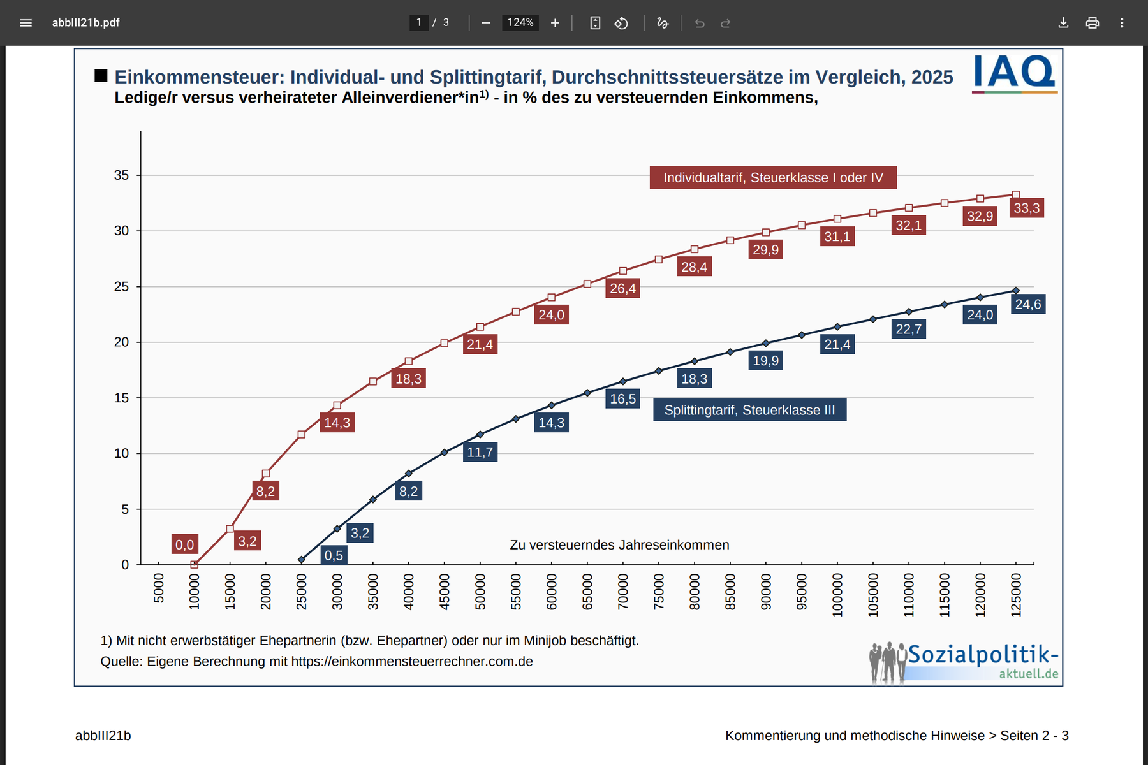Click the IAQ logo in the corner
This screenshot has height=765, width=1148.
[1014, 73]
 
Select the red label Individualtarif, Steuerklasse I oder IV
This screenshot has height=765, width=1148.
[773, 178]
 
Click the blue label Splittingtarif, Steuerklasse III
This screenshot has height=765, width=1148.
[749, 410]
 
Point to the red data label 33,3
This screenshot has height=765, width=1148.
[1026, 208]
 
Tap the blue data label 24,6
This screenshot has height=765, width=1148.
[1027, 304]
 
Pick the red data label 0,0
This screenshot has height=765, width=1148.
[184, 544]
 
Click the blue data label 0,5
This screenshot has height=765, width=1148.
[334, 555]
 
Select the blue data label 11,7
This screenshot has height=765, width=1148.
[480, 452]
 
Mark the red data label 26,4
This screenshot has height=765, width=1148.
[622, 288]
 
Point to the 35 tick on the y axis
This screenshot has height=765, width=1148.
[121, 175]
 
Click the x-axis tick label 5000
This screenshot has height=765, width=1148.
[159, 588]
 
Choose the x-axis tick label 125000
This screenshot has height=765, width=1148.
[1016, 595]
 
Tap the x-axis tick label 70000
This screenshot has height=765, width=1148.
[623, 591]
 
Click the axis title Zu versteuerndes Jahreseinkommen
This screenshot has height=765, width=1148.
[619, 545]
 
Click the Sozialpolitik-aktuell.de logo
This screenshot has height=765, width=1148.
[964, 662]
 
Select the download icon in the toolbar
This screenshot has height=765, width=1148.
[1063, 23]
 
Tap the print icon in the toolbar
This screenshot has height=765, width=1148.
[1093, 23]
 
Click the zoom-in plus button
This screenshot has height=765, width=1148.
[555, 23]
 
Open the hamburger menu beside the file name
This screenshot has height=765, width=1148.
[26, 23]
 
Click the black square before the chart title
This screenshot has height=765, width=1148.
[101, 76]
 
